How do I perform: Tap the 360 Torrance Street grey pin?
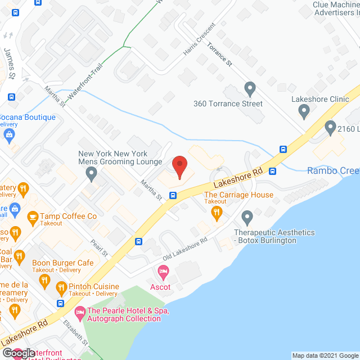(x=250, y=89)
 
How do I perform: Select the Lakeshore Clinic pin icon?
(x=304, y=111)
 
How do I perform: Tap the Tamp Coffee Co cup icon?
(x=32, y=217)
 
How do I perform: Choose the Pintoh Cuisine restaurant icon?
(x=61, y=289)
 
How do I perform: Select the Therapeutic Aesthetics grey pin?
(x=247, y=217)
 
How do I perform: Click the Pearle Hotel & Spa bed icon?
(x=80, y=311)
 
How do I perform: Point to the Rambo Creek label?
(x=333, y=171)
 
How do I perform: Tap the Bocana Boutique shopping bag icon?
(x=8, y=134)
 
